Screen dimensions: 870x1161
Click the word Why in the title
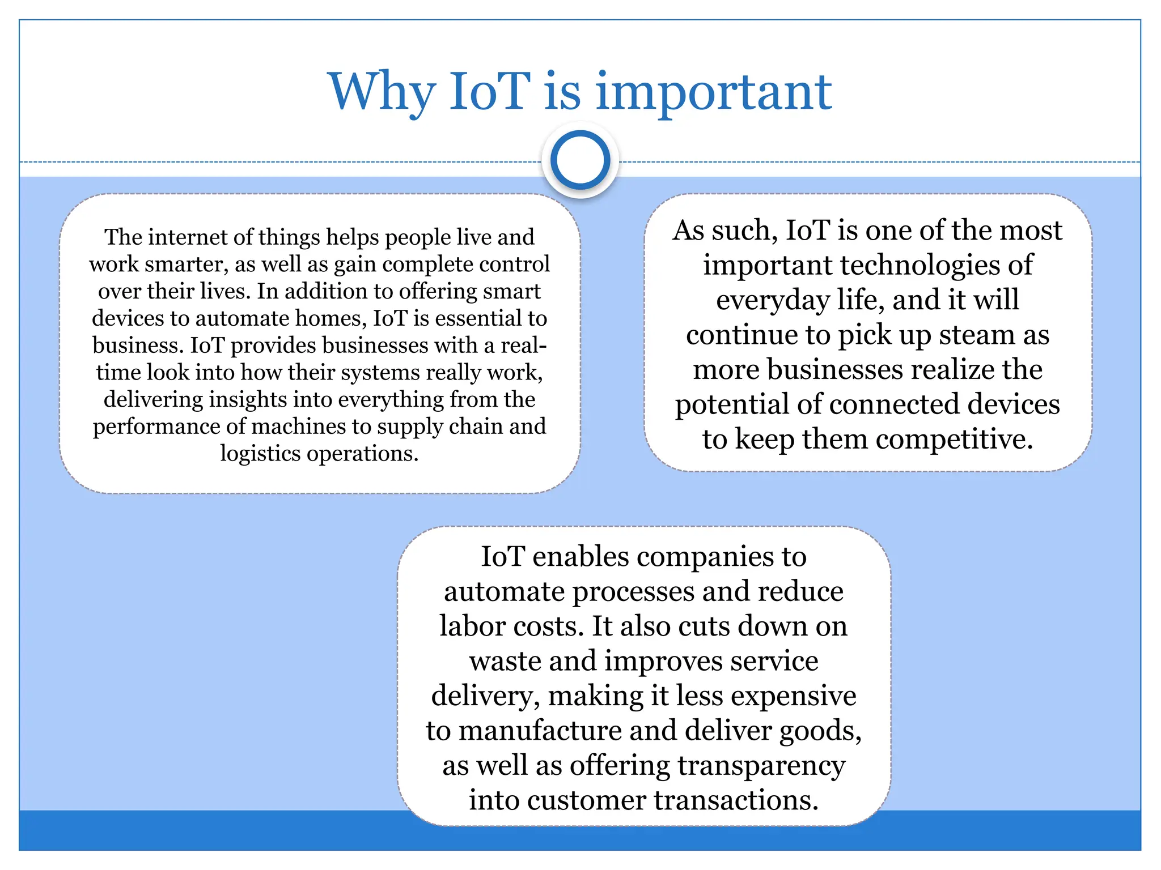pyautogui.click(x=382, y=92)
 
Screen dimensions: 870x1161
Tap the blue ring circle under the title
pyautogui.click(x=580, y=160)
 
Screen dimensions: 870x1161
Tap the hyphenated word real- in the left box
pyautogui.click(x=524, y=346)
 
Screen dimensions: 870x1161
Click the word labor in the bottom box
pyautogui.click(x=472, y=626)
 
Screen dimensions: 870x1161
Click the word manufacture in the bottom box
pyautogui.click(x=540, y=731)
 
